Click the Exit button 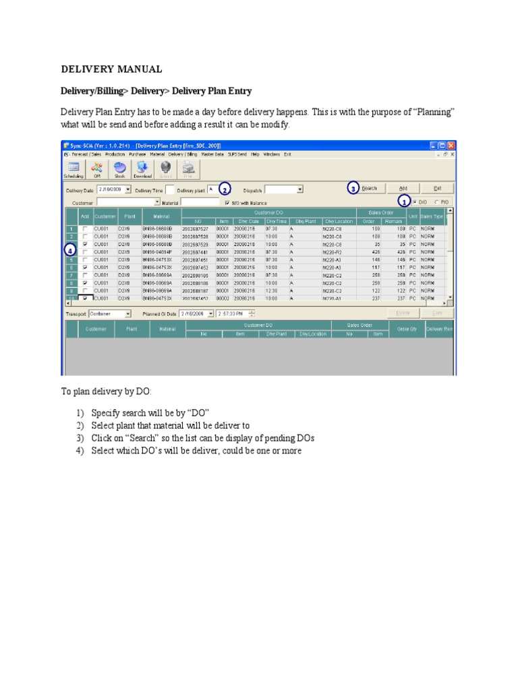pyautogui.click(x=438, y=189)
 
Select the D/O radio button pyautogui.click(x=415, y=201)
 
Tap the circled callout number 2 pyautogui.click(x=224, y=189)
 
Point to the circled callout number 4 pyautogui.click(x=71, y=250)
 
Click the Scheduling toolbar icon pyautogui.click(x=74, y=169)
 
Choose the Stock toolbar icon pyautogui.click(x=119, y=169)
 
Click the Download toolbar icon pyautogui.click(x=142, y=169)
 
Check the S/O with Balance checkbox pyautogui.click(x=227, y=201)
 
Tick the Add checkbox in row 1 pyautogui.click(x=85, y=229)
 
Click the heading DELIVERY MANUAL pyautogui.click(x=111, y=69)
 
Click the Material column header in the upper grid pyautogui.click(x=161, y=216)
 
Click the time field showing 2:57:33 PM pyautogui.click(x=233, y=314)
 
